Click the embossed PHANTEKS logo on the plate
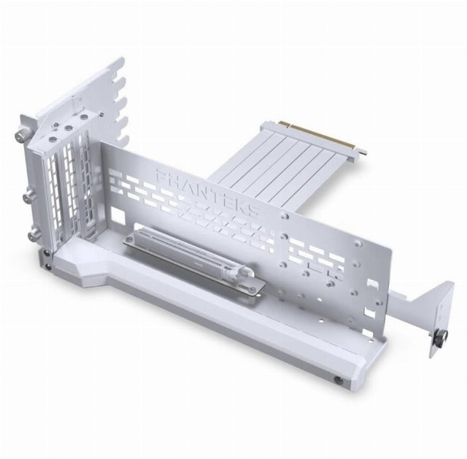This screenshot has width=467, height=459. (x=207, y=191)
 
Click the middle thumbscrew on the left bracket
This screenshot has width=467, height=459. (x=30, y=196)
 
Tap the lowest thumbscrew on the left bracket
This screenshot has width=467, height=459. (x=34, y=235)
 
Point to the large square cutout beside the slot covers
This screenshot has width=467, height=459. (x=117, y=213)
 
